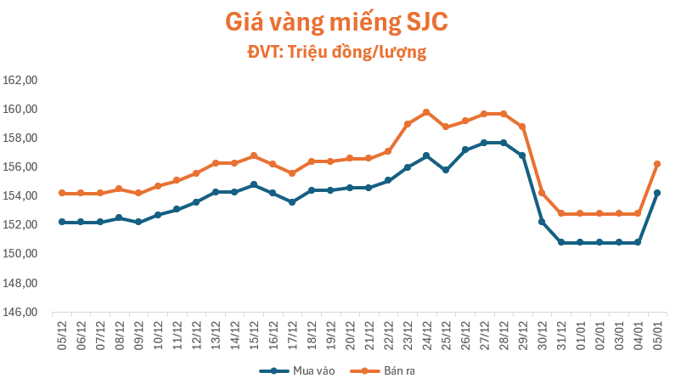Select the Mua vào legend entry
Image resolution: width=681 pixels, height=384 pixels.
(x=293, y=371)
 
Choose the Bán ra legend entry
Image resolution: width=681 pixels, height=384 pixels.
(x=387, y=371)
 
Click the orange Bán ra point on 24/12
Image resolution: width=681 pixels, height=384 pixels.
(x=426, y=112)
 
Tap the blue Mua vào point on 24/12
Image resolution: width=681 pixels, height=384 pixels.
(x=426, y=155)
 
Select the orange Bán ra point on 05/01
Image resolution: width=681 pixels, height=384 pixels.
(x=656, y=164)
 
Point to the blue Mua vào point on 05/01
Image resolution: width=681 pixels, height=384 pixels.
(x=656, y=193)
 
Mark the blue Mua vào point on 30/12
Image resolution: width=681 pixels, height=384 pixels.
(x=541, y=222)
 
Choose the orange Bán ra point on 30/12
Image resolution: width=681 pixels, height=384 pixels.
(x=541, y=193)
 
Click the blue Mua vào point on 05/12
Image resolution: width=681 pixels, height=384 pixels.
(x=62, y=222)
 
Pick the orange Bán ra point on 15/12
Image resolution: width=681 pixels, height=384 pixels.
(x=254, y=155)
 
